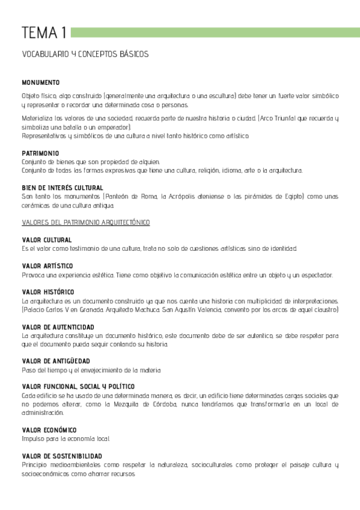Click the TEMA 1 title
point(44,32)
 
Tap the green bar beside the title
point(214,31)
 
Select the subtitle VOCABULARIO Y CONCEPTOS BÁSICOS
point(85,54)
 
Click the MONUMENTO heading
point(40,82)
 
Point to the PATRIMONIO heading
point(40,153)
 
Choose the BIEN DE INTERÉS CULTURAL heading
point(62,188)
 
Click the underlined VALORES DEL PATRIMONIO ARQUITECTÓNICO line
point(86,223)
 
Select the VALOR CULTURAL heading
point(46,240)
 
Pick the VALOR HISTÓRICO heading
point(47,292)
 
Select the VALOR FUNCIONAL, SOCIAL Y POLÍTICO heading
point(78,386)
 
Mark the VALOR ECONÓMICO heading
point(49,430)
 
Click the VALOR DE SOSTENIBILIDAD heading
point(61,456)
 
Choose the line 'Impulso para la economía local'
point(65,439)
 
